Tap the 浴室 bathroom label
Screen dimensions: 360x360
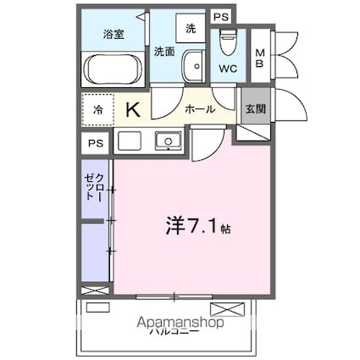(113, 34)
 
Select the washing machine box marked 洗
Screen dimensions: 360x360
(191, 28)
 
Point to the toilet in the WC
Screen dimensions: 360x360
(225, 42)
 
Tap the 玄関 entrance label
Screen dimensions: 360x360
(254, 108)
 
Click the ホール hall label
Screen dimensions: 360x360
(199, 108)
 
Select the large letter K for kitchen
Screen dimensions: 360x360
(133, 109)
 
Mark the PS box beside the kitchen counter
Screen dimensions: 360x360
(96, 142)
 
